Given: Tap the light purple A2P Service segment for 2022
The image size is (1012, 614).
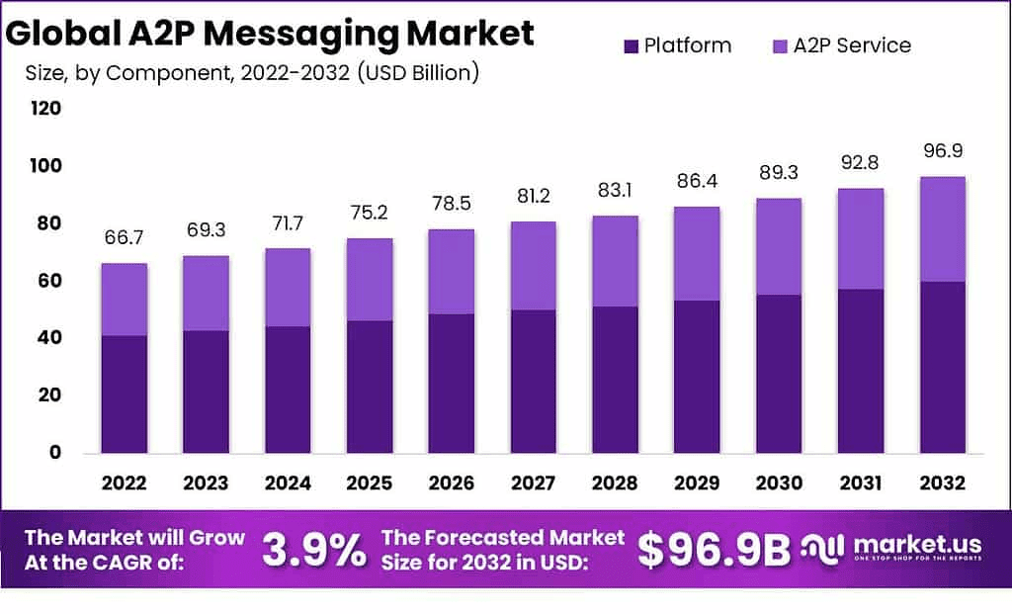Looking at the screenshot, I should click(124, 300).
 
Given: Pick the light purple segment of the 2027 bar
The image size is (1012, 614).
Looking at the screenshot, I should click(532, 266).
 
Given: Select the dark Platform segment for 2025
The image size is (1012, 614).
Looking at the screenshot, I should click(369, 387).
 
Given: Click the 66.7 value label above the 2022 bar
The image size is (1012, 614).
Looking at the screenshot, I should click(124, 237).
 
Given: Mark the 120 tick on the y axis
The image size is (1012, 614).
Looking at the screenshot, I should click(46, 109).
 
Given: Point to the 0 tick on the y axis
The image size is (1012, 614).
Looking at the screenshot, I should click(55, 453).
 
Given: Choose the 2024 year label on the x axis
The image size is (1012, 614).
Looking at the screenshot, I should click(287, 483).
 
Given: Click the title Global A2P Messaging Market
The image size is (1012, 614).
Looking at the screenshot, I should click(269, 33).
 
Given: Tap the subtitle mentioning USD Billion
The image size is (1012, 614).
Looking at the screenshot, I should click(252, 74).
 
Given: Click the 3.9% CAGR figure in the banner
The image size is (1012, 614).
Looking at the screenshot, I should click(313, 551).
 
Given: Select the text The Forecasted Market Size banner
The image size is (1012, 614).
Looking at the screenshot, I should click(503, 550).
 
